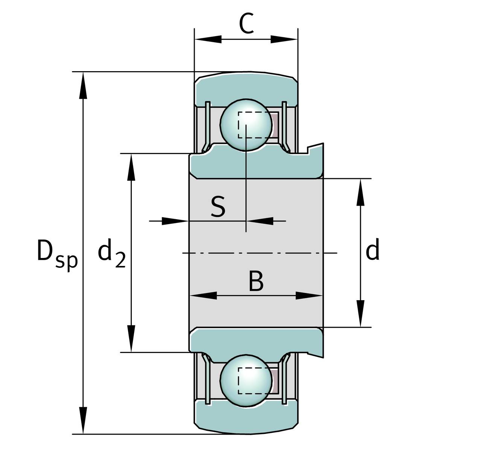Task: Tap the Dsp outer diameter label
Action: (57, 253)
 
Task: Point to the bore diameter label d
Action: (372, 251)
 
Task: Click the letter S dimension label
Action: (218, 207)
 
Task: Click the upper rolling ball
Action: (246, 125)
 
